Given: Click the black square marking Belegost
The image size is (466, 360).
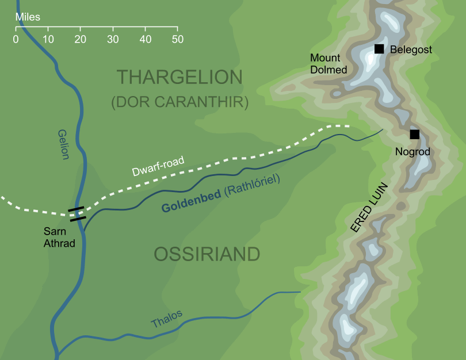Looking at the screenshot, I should pos(379,49).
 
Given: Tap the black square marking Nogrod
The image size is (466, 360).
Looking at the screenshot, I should pos(414,135).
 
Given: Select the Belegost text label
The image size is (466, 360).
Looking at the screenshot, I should pos(411,50).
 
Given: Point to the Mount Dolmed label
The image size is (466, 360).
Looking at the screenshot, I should pos(329,64).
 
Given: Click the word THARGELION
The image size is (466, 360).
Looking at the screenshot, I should pos(180,77).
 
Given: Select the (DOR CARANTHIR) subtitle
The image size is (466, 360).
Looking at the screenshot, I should pos(179,102).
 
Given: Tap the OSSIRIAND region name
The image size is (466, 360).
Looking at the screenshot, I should pos(207,254).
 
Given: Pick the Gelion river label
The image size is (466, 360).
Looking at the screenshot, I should pos(63,144).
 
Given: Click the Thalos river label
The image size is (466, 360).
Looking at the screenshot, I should pos(167,319).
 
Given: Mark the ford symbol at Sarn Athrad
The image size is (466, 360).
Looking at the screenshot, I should pos(77,214).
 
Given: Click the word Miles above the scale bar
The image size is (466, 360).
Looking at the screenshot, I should pos(28,17).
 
